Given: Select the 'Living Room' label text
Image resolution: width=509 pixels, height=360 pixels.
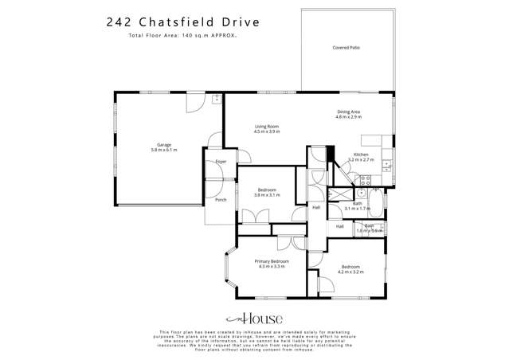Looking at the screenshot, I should pos(266,126).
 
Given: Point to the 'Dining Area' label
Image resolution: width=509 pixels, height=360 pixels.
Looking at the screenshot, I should pos(348,112).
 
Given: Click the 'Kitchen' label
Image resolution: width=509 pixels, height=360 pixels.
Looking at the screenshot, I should pos(361,154).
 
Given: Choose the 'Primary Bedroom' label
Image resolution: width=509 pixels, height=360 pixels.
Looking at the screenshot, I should pos(271,261).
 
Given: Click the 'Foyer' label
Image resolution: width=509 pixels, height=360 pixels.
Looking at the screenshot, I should pos(221,162).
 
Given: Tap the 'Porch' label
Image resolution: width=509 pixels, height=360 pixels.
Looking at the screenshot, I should pos(221,199).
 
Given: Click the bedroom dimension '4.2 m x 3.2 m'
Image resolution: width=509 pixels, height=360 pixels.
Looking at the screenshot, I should pos(350,272).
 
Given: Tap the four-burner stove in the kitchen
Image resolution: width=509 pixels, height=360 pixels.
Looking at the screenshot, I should pos(366,180).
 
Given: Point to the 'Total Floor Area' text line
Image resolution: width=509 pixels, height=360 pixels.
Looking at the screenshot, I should pos(164,37).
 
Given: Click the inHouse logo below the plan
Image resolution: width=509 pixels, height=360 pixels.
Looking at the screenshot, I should pos(255,315).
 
